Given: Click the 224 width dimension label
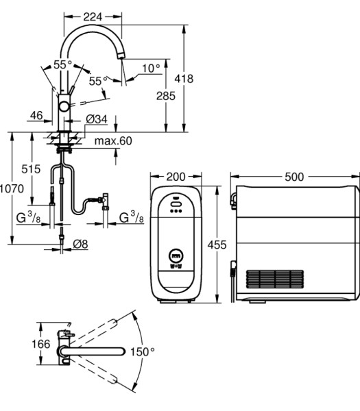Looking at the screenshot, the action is pyautogui.click(x=93, y=17).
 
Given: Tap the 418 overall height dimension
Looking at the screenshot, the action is pyautogui.click(x=184, y=79).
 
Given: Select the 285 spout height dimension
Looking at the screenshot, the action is pyautogui.click(x=166, y=96).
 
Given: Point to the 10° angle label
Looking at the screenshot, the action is pyautogui.click(x=151, y=68).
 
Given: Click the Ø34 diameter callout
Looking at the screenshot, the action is pyautogui.click(x=97, y=119).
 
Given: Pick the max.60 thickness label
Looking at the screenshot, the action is pyautogui.click(x=113, y=141).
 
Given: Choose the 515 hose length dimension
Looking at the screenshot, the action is pyautogui.click(x=31, y=169).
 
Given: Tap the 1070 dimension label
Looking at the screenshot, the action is pyautogui.click(x=12, y=189).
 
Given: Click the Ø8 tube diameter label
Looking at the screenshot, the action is pyautogui.click(x=80, y=245).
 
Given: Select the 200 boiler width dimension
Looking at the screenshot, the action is pyautogui.click(x=176, y=177).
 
